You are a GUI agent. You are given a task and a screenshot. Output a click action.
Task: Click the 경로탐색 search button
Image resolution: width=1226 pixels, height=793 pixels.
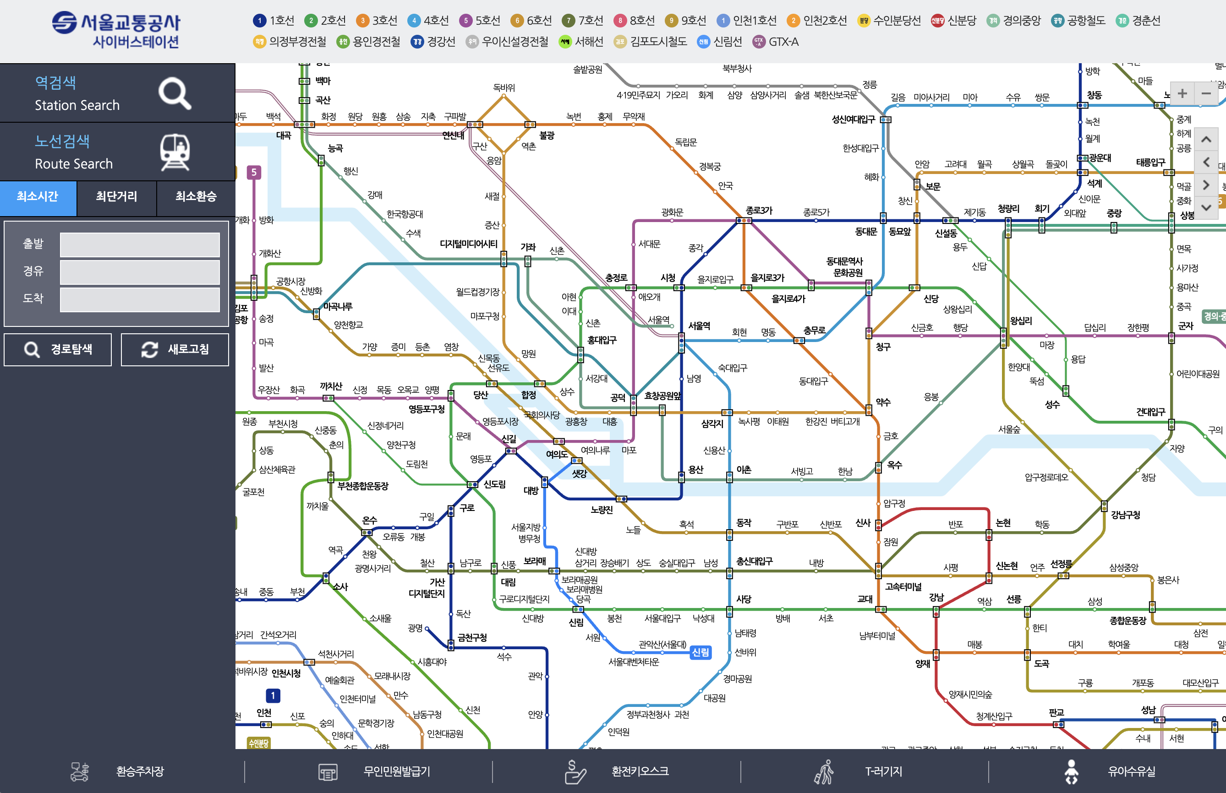point(58,350)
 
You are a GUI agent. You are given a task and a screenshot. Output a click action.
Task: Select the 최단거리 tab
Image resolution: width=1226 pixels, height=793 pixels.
point(116,196)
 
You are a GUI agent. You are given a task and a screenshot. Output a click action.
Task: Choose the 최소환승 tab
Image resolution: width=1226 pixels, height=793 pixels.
point(196,196)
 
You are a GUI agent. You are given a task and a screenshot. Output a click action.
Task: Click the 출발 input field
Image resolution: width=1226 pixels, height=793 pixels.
point(140,244)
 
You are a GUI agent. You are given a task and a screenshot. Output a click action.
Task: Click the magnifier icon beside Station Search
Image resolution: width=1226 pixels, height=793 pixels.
point(174,93)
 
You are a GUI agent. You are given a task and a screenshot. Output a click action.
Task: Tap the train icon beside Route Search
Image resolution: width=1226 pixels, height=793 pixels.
point(175,152)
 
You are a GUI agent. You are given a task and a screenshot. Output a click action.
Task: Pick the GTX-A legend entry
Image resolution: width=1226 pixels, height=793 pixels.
point(776,42)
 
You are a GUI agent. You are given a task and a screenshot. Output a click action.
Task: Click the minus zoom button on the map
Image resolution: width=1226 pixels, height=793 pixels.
point(1206,93)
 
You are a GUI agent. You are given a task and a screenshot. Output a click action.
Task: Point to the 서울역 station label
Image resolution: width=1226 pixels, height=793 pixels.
point(699,326)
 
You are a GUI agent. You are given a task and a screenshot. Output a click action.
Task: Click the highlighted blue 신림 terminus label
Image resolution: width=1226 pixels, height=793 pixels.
point(701,652)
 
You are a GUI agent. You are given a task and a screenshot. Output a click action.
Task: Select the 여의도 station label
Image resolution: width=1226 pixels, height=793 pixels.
point(557,454)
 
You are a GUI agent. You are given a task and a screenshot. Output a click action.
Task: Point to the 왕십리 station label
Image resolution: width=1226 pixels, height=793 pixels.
point(1021,321)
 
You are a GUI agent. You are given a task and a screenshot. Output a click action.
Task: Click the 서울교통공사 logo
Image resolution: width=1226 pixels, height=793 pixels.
point(116,30)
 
